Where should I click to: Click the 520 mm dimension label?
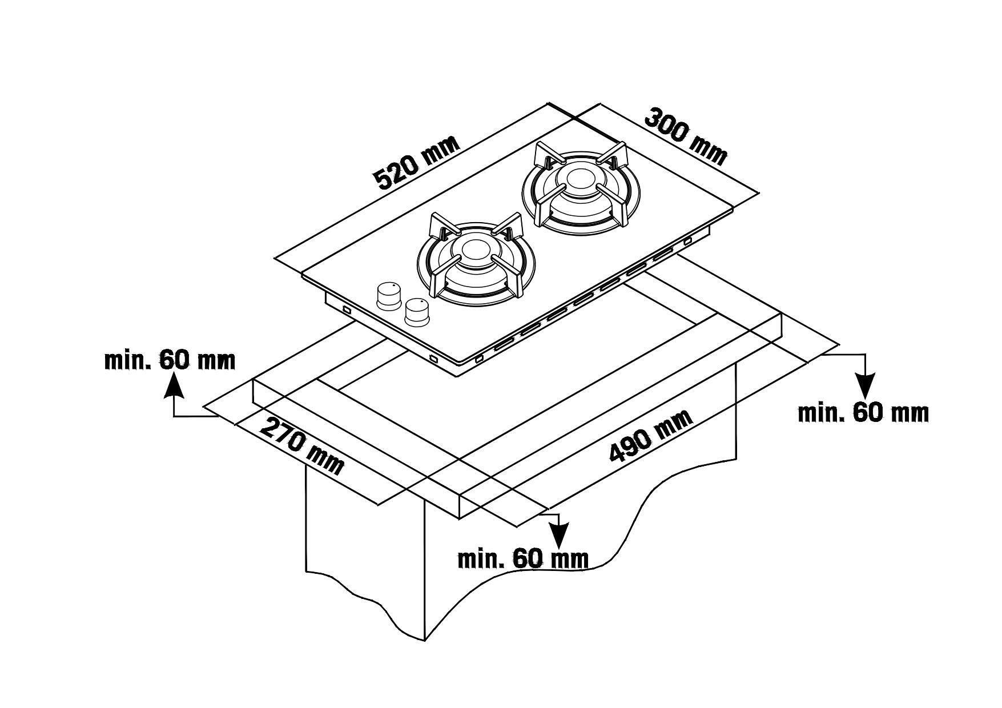(416, 163)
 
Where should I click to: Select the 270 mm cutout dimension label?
(302, 446)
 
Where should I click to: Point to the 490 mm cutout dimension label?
(652, 435)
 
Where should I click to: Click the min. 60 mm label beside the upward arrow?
(170, 360)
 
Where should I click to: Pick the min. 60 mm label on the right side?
(863, 412)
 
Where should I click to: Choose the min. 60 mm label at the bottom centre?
(523, 558)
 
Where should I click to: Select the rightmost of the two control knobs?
(417, 312)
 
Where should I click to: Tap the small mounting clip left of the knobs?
(346, 309)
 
